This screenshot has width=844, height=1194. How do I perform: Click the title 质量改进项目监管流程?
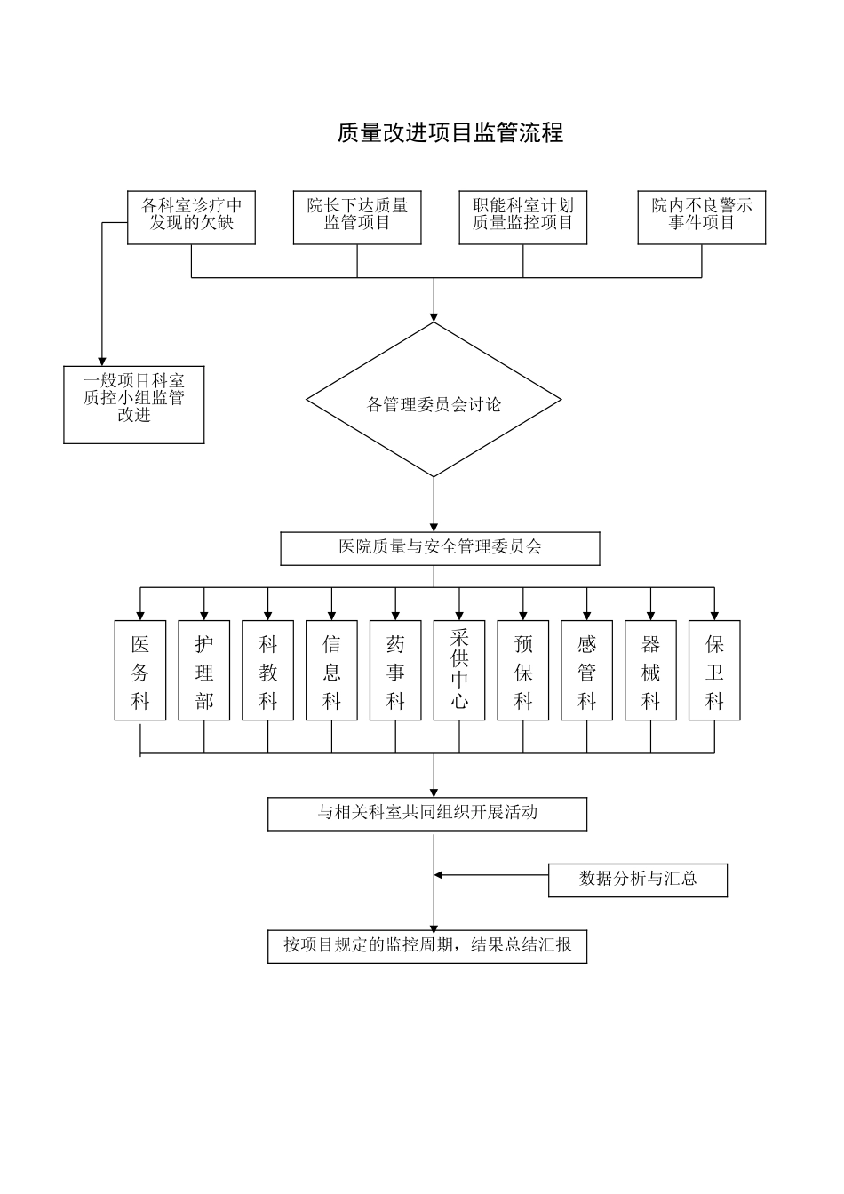click(450, 133)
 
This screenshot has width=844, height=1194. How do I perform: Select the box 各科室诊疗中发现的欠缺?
click(191, 218)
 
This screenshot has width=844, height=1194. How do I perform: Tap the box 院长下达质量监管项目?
click(357, 218)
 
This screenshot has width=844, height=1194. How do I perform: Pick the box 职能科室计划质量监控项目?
click(523, 218)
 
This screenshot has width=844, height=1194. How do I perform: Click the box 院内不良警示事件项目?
click(701, 218)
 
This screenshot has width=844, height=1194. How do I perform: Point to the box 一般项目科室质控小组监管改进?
click(134, 404)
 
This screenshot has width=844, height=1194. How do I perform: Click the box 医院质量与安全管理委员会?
click(440, 548)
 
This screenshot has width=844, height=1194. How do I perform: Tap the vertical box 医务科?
click(140, 670)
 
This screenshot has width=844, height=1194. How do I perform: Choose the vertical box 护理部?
click(204, 670)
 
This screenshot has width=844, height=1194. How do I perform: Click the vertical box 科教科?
click(268, 670)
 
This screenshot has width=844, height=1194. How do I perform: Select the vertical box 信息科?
click(331, 670)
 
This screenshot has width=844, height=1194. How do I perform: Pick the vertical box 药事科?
click(395, 670)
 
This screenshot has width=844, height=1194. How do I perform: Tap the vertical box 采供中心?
click(459, 670)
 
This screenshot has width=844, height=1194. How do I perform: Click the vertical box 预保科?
click(523, 670)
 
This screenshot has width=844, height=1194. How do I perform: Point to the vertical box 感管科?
click(587, 670)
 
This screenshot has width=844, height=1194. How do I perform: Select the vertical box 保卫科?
click(714, 670)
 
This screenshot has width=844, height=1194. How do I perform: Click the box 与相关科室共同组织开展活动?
click(427, 814)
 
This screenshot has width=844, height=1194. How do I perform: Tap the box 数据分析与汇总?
click(638, 880)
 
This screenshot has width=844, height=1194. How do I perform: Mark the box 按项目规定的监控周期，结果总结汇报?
click(427, 946)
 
